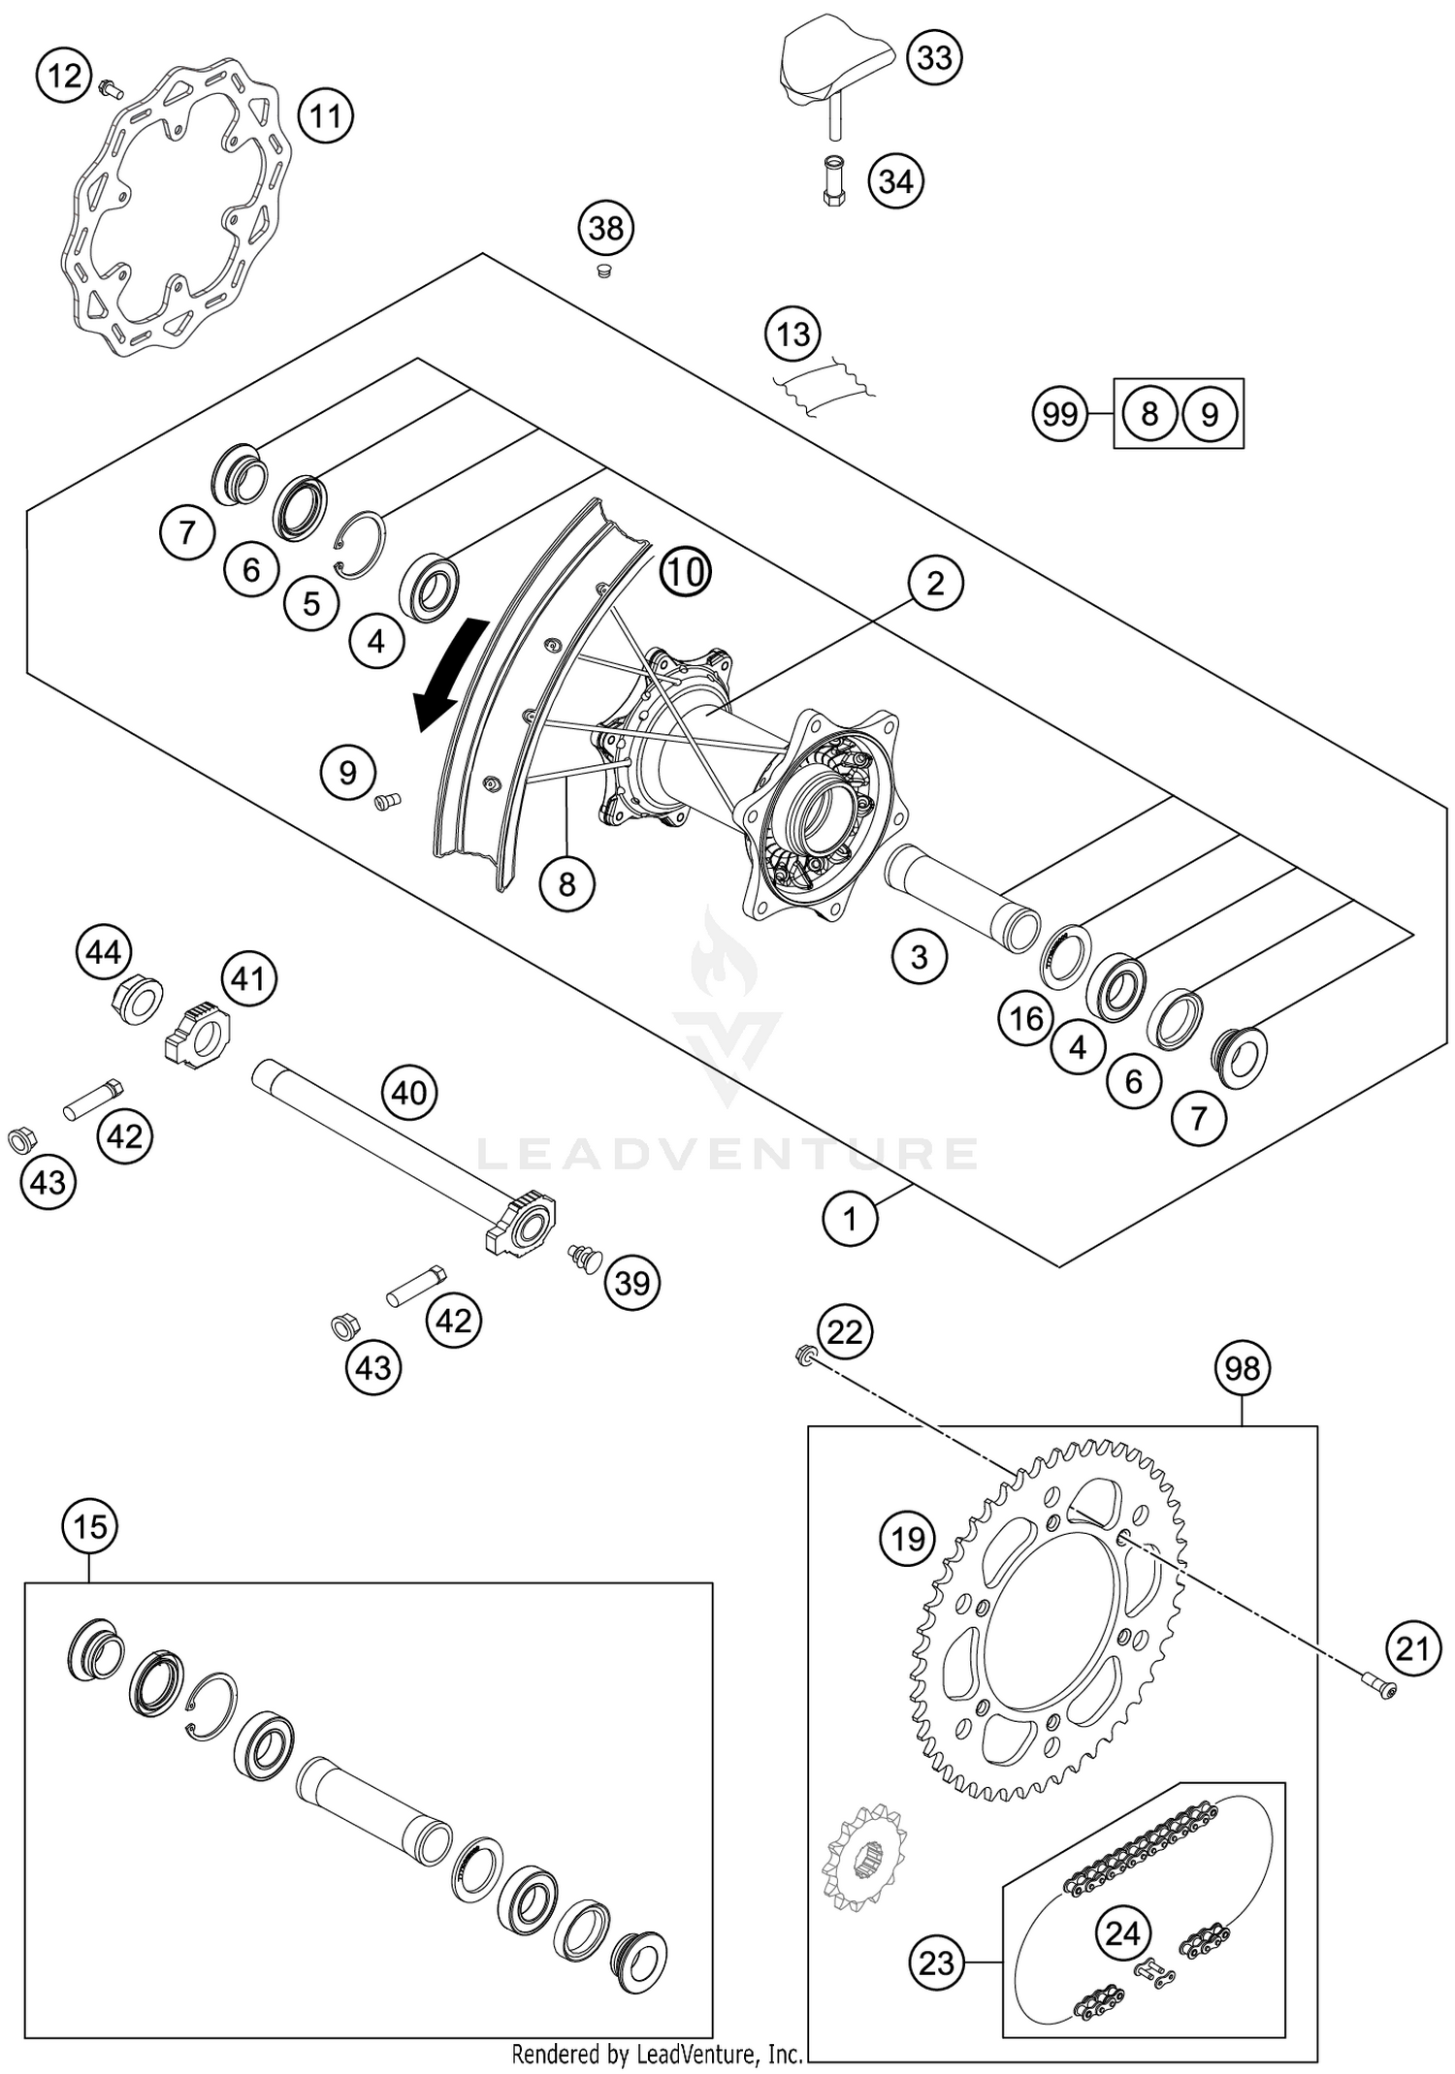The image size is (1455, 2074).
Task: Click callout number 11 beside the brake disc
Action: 325,116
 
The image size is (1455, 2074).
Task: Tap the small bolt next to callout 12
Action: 109,90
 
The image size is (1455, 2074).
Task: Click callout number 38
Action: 606,229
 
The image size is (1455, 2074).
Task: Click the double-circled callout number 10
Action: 686,572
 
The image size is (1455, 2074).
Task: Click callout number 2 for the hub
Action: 934,584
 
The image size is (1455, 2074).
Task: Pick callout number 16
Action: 1026,1018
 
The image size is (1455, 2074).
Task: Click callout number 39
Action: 632,1283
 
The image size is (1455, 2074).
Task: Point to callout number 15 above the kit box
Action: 89,1527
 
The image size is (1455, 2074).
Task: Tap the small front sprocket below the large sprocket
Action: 862,1857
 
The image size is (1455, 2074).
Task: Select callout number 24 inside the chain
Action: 1122,1906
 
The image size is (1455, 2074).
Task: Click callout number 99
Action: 1059,414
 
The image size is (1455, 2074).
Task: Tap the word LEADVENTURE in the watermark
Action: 727,1154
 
